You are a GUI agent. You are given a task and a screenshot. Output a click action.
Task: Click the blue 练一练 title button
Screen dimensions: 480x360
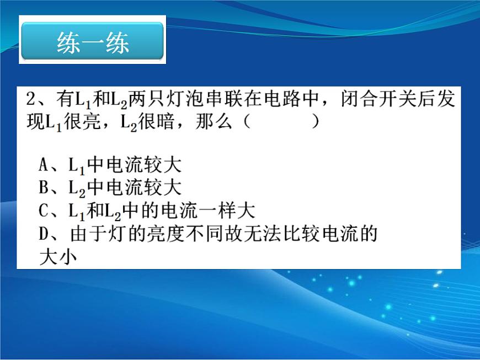[92, 40]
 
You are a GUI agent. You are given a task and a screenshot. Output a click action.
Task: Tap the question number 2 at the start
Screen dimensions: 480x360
[31, 99]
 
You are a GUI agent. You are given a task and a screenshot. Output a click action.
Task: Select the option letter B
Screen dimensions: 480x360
[43, 187]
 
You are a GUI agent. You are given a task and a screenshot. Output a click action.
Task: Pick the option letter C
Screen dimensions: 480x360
[43, 211]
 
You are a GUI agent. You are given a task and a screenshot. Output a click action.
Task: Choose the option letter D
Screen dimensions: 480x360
[44, 234]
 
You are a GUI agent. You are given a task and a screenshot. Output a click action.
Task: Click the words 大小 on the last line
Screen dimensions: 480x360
[58, 257]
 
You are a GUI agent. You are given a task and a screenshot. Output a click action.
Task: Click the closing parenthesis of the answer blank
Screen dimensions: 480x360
[315, 122]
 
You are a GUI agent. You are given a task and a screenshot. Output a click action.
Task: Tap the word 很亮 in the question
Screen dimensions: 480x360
[82, 122]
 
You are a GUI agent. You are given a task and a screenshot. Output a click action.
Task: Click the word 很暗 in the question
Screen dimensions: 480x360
[156, 122]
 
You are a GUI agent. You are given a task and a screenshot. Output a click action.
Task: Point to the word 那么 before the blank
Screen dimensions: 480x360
[214, 122]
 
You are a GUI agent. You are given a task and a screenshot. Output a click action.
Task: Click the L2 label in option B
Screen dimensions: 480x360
[77, 189]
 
